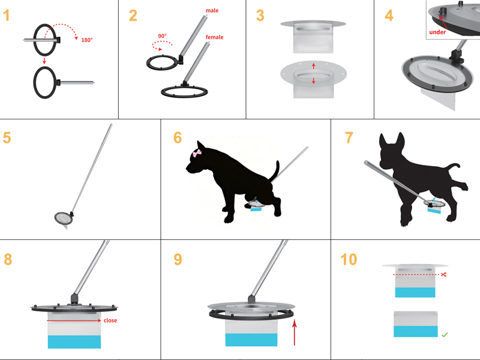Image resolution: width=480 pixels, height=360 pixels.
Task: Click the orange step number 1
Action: point(7,16)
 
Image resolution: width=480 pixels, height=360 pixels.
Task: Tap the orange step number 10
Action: point(349,259)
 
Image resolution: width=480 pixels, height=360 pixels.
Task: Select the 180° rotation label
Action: point(87,40)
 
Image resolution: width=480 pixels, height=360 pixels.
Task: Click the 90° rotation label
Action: point(162,36)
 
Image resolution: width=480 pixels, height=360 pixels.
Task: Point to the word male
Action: point(212,10)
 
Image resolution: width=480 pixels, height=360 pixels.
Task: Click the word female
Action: point(214,37)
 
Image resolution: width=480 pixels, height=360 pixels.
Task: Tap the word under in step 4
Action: point(437,32)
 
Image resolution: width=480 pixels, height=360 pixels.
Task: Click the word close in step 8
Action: point(110,320)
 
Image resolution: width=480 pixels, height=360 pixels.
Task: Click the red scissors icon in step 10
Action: point(444,275)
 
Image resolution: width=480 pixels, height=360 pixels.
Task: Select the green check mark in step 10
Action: point(445,335)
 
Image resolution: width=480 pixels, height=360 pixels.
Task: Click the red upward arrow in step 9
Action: point(295,332)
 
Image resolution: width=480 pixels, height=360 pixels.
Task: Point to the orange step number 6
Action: point(178,138)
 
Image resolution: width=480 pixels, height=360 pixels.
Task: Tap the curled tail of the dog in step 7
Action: point(453,168)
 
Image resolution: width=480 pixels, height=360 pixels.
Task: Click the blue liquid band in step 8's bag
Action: point(74,341)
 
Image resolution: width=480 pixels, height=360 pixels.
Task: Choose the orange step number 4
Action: point(389,16)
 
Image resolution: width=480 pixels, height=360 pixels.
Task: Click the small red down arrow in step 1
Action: point(44,61)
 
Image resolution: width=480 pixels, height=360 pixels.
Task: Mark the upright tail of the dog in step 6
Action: point(275,171)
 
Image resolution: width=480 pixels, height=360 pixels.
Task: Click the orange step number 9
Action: point(178,259)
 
